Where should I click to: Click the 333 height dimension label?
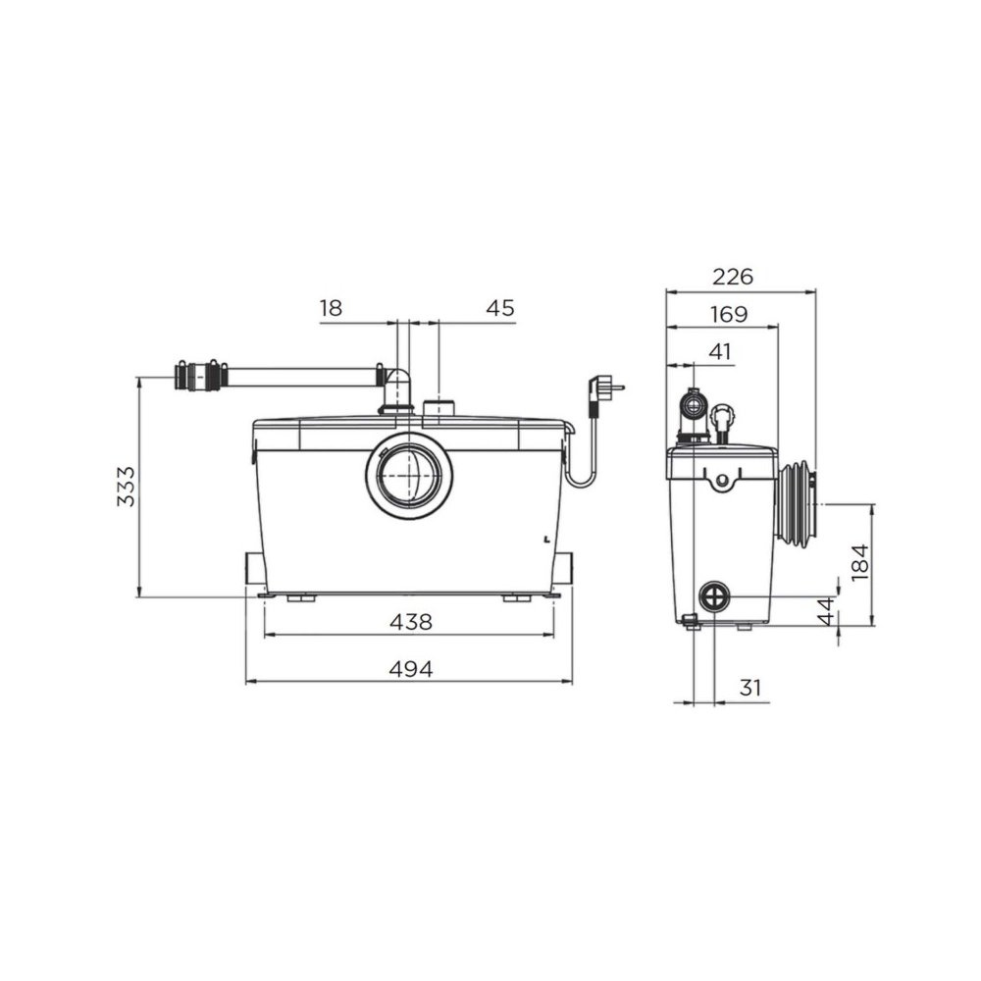tap(126, 487)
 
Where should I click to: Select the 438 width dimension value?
tap(410, 622)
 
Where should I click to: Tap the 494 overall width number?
tap(410, 669)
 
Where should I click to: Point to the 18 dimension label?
tap(331, 308)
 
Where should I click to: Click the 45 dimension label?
tap(500, 308)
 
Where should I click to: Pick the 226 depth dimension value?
tap(733, 277)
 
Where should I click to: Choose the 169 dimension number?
tap(729, 314)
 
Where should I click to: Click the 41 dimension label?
tap(720, 351)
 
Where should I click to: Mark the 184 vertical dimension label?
tap(861, 562)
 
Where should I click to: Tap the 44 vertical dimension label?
tap(827, 611)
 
